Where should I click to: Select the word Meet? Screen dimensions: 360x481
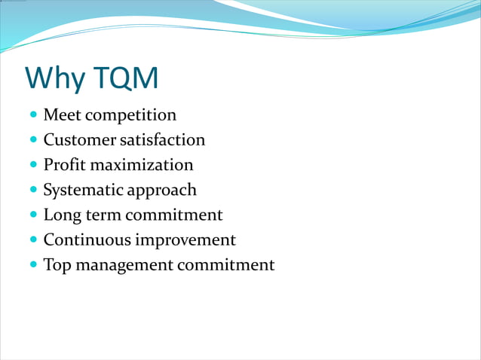[x=63, y=115]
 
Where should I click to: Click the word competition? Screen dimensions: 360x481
[x=130, y=115]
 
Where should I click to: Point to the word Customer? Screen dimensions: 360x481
[x=79, y=140]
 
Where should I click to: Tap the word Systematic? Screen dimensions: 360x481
[x=83, y=190]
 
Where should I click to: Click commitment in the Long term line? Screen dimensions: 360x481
[x=174, y=215]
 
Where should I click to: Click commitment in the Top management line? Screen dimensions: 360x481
[x=226, y=265]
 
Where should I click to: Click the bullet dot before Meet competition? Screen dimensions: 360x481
[x=32, y=116]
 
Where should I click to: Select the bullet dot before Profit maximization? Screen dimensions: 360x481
[x=32, y=166]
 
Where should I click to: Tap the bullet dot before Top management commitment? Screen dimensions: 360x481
[x=32, y=265]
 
